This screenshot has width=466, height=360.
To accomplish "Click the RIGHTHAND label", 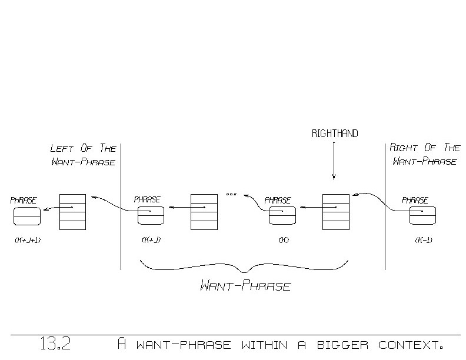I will click(x=334, y=134).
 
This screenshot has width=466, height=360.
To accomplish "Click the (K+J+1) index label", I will click(x=27, y=240).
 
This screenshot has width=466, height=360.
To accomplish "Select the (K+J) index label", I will click(x=151, y=240).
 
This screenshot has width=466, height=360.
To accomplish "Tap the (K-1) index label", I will click(x=424, y=240).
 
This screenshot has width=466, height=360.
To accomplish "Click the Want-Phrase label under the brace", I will click(x=246, y=287).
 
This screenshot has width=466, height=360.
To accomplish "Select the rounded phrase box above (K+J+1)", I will click(x=27, y=216).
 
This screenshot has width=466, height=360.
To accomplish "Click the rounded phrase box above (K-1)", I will click(x=423, y=216).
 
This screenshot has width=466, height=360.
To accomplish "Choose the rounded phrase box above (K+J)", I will click(x=151, y=216).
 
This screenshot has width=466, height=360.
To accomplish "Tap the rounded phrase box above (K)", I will click(x=282, y=216).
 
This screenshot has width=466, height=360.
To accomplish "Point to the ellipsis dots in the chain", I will click(x=231, y=194).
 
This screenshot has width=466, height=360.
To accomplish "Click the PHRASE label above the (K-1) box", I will click(x=415, y=201).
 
